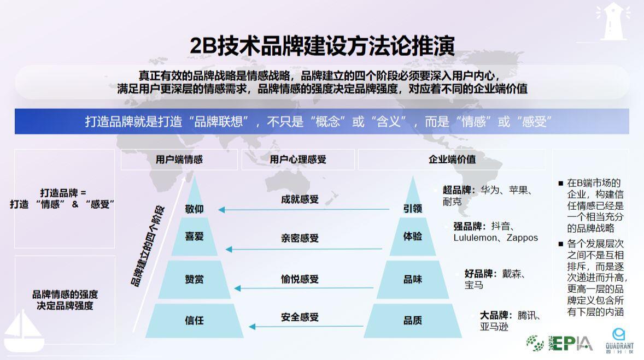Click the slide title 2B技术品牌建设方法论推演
(x=322, y=45)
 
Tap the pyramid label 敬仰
(x=194, y=209)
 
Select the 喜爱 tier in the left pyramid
(x=194, y=237)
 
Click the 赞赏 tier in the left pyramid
(x=194, y=280)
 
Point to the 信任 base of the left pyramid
(x=194, y=321)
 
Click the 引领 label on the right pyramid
(x=412, y=209)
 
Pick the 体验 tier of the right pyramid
(x=412, y=237)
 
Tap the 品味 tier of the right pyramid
(x=412, y=280)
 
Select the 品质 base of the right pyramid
(x=412, y=321)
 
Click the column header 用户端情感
(x=179, y=160)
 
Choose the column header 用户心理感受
(x=298, y=160)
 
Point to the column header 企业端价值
(x=452, y=160)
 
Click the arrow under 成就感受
(x=303, y=210)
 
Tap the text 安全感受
(x=300, y=317)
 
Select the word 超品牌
(x=456, y=190)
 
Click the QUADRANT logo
(x=619, y=340)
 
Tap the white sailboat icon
(x=24, y=331)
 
